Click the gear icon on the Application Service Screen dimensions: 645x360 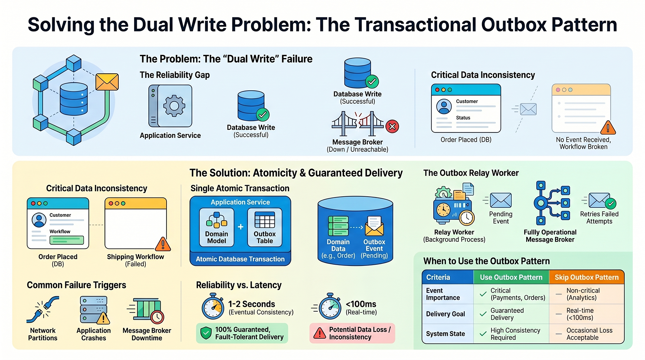[x=174, y=106]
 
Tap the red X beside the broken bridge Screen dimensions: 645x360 [x=392, y=126]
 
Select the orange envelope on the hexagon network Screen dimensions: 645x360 [x=107, y=82]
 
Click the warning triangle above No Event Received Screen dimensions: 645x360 [x=608, y=128]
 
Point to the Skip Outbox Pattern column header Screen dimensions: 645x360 [x=587, y=277]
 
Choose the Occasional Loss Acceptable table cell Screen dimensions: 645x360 [x=587, y=334]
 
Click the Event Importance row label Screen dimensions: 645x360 [x=443, y=294]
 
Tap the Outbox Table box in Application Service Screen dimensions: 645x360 [x=264, y=227]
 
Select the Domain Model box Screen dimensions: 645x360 [x=216, y=227]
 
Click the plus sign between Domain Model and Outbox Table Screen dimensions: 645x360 [x=241, y=227]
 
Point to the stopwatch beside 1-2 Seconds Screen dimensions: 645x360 [x=213, y=306]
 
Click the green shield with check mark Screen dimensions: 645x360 [x=206, y=333]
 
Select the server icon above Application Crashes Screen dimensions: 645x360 [x=94, y=310]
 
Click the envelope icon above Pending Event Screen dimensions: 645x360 [x=500, y=200]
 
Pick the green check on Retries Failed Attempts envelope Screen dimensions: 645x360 [x=610, y=204]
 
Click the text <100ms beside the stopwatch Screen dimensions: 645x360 [x=361, y=304]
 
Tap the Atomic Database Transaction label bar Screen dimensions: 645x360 [x=240, y=259]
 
